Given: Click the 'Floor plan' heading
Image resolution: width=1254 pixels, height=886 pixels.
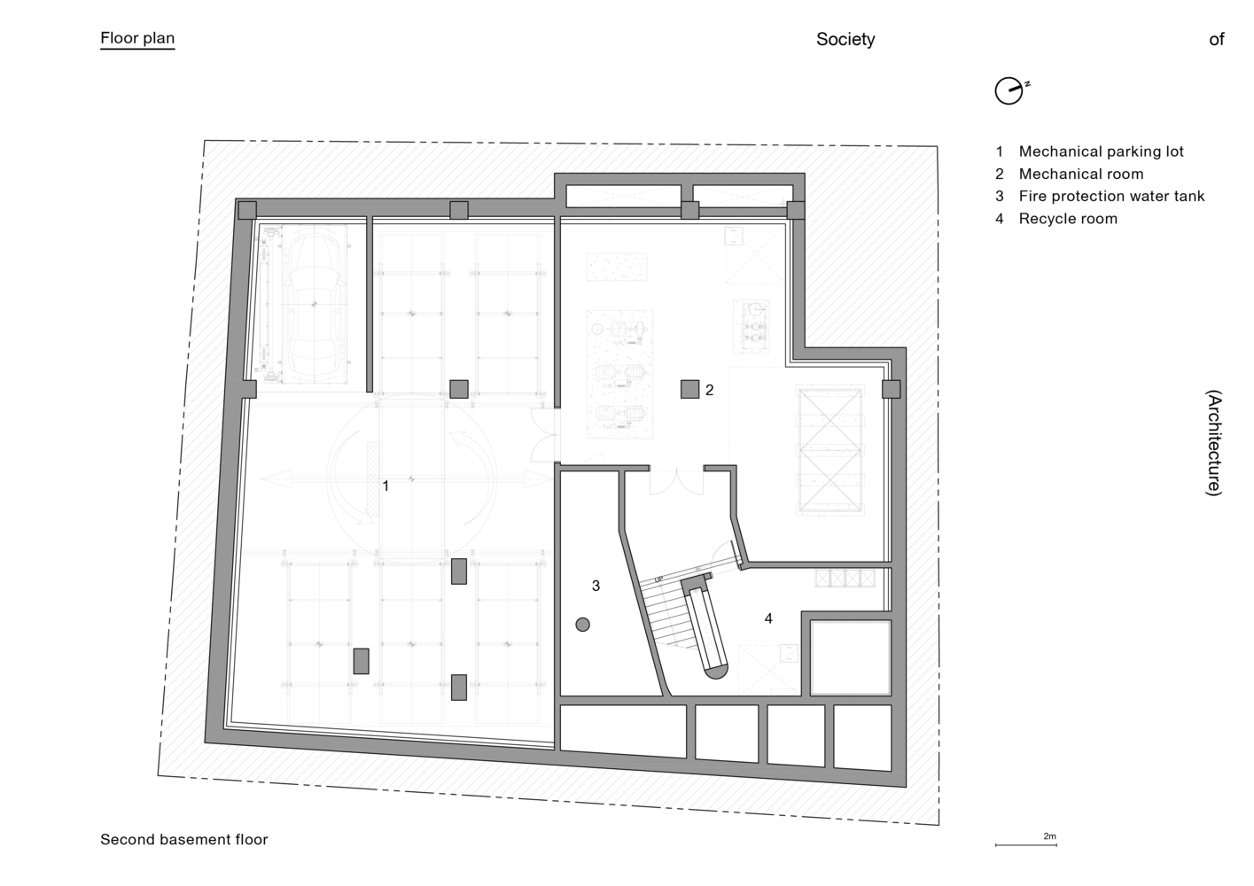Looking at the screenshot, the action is tap(137, 38).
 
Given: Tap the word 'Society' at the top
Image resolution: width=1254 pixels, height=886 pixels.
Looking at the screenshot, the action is tap(845, 39).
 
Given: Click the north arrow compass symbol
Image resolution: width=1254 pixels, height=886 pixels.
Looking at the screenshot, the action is tap(1011, 90).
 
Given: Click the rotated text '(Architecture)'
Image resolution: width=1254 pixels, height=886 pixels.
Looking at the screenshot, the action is tap(1214, 443).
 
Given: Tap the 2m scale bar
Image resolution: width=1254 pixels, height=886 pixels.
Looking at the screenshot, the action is tap(1025, 844).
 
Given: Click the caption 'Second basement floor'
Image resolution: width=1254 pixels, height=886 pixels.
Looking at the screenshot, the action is tap(184, 840).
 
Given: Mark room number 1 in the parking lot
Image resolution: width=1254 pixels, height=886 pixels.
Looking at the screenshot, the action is tap(386, 486).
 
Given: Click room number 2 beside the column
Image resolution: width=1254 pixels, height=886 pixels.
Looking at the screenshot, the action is tap(709, 390).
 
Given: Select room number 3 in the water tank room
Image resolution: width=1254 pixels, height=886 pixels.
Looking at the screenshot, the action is tap(596, 586).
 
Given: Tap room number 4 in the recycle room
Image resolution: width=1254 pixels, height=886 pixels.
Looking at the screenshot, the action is tap(768, 618).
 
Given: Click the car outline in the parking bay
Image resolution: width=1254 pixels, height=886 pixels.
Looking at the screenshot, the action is tap(314, 304).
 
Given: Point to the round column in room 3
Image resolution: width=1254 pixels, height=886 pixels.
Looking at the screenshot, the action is tap(583, 625).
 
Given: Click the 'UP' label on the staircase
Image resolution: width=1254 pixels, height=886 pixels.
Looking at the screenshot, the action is tap(659, 579).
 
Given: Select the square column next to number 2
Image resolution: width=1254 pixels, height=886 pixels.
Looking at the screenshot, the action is tap(689, 389).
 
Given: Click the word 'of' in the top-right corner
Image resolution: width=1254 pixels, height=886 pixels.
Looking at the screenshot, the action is tap(1217, 39).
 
